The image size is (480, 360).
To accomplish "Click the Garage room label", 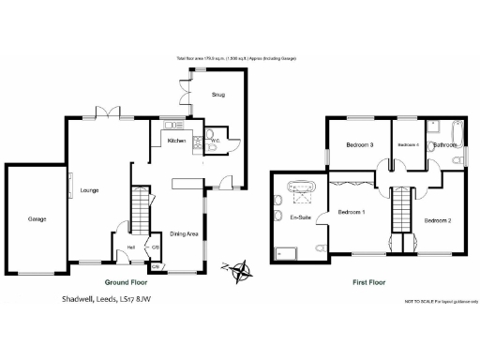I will coord(37,218).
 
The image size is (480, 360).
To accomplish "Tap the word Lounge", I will coord(89,190).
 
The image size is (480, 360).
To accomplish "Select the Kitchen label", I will coord(176,142).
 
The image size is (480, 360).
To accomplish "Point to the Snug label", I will coord(217,95).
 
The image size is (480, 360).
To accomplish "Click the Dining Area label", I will coord(184,233).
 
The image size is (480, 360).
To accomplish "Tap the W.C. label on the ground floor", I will coord(215,142).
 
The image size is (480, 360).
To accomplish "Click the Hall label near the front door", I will coord(131,247).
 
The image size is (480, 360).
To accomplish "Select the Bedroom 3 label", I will coord(359,145).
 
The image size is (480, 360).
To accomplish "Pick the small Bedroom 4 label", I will coord(408,145).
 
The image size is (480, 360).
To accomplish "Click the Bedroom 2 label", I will coord(437,220).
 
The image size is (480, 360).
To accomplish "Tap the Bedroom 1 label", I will coord(352,212).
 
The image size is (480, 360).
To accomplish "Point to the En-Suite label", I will coord(301,217).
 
